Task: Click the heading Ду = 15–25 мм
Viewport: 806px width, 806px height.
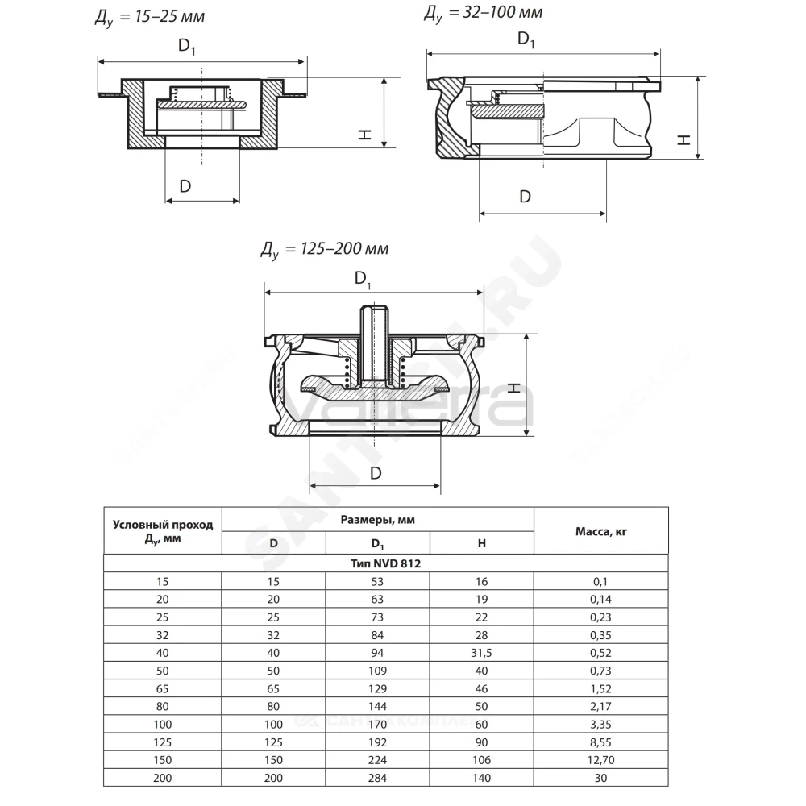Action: tap(150, 17)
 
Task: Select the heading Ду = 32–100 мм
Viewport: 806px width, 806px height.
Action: tap(483, 13)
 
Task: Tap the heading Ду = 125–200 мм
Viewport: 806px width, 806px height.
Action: tap(324, 250)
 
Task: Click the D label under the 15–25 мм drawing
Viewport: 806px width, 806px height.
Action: tap(185, 186)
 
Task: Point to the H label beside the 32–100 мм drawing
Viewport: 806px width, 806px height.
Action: tap(683, 139)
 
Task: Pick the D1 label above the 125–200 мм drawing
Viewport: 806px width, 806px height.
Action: tap(363, 279)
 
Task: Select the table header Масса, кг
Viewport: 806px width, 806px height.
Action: tap(601, 531)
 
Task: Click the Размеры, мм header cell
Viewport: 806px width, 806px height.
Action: tap(378, 520)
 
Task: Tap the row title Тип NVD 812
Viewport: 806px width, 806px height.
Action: tap(385, 563)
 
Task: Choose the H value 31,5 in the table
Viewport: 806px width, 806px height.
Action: tap(482, 653)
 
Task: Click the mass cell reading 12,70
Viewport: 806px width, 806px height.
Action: tap(601, 760)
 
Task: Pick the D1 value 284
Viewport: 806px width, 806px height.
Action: tap(377, 778)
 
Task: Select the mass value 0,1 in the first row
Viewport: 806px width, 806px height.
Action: tap(600, 581)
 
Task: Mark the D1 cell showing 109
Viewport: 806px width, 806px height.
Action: tap(377, 671)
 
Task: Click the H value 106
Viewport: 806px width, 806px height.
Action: tap(482, 760)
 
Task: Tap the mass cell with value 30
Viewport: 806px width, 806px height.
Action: tap(601, 778)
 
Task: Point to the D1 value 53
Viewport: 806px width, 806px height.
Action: tap(377, 581)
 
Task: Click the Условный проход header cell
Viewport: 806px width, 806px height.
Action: tap(163, 531)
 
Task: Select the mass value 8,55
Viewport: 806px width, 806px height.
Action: tap(601, 742)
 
